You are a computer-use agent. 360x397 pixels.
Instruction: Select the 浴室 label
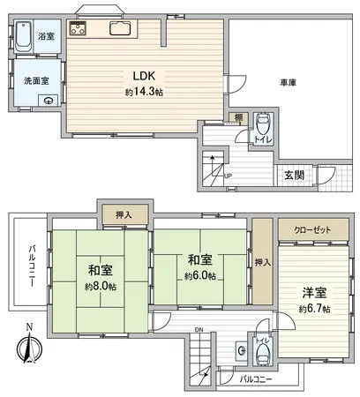46,37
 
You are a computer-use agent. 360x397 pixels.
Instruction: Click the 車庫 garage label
287,82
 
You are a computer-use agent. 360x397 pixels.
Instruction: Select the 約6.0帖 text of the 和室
199,275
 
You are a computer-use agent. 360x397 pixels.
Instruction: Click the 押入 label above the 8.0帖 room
124,213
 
